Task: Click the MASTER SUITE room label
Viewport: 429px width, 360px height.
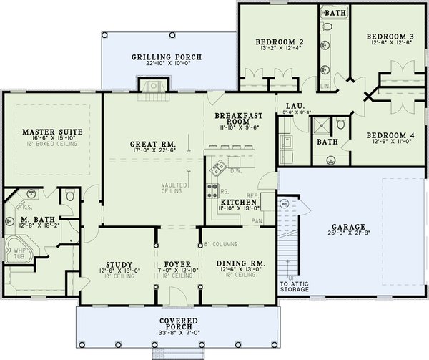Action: coord(51,132)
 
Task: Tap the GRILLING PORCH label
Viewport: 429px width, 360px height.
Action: coord(166,57)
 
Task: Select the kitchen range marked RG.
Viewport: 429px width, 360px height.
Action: coord(213,190)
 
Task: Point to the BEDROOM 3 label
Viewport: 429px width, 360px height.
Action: coord(390,36)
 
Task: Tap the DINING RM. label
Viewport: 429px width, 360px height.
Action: coord(240,264)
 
